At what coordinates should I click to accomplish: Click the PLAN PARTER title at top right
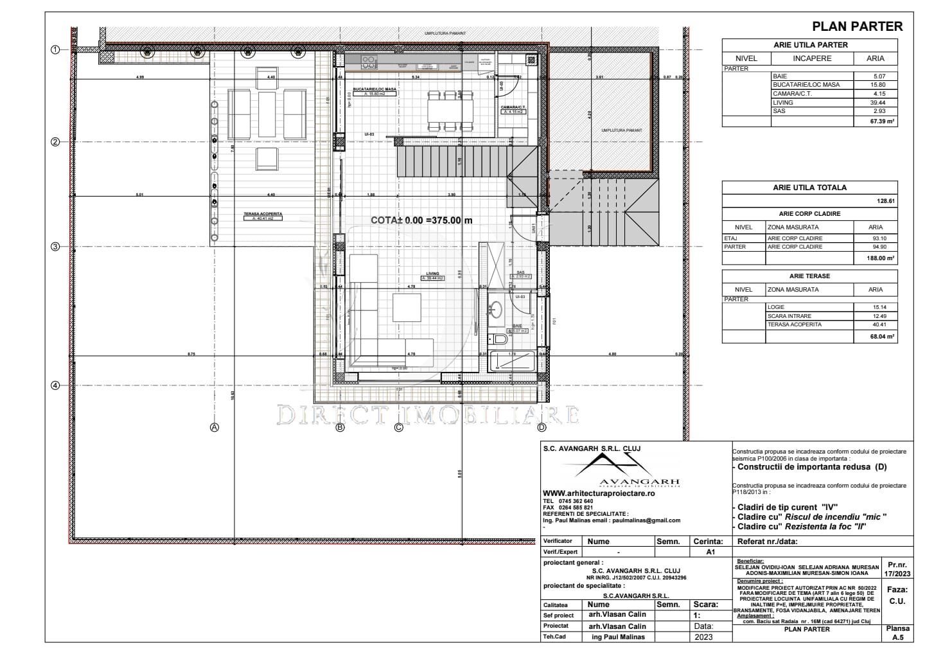tap(857, 26)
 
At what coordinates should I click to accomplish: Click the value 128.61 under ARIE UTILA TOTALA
tap(886, 201)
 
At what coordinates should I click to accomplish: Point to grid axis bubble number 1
tap(55, 49)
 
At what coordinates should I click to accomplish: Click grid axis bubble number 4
tap(55, 385)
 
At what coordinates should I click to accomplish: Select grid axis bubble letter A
tap(215, 427)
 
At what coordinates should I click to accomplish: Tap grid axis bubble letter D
tap(542, 427)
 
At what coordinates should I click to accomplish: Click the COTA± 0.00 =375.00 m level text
tap(421, 220)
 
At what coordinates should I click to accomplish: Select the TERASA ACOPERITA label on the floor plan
tap(263, 214)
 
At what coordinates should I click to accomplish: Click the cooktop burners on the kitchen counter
tap(369, 62)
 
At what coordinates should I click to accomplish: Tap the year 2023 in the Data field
tap(703, 637)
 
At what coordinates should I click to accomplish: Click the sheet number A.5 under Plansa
tap(897, 637)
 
